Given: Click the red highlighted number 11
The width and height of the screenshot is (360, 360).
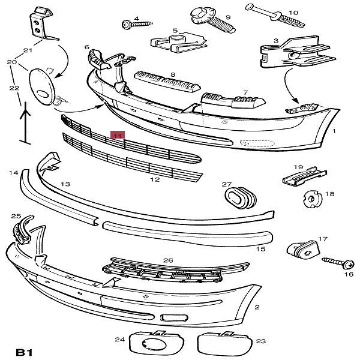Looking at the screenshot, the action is tap(118, 135).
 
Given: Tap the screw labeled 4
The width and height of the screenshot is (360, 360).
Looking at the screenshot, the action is tap(137, 24).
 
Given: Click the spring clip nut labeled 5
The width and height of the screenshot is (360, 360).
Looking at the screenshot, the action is tap(178, 44).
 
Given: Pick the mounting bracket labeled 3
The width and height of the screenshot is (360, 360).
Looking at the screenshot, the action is tap(298, 52).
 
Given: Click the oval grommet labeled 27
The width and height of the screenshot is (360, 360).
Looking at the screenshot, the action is tap(241, 198).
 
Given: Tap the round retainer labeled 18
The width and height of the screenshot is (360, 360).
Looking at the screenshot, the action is tap(313, 199).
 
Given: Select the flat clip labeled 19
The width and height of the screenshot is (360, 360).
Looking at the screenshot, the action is tap(305, 176).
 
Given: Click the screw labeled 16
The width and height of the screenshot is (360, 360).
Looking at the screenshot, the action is tap(338, 263).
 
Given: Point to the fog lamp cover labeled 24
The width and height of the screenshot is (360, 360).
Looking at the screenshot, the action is tap(157, 343).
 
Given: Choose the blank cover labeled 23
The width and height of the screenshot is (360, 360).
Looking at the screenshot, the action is tap(224, 343).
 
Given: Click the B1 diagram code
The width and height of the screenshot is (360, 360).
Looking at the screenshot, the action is tap(25, 352).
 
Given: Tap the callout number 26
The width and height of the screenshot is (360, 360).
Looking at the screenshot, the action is tap(168, 260).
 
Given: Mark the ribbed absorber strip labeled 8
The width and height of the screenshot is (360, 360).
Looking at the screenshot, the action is tap(167, 82).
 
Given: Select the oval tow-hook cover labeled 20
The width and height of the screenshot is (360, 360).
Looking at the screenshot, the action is tap(42, 86).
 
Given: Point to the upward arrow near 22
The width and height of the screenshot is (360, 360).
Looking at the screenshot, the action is tap(26, 124).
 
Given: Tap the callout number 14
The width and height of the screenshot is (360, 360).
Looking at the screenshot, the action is tap(14, 172).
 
